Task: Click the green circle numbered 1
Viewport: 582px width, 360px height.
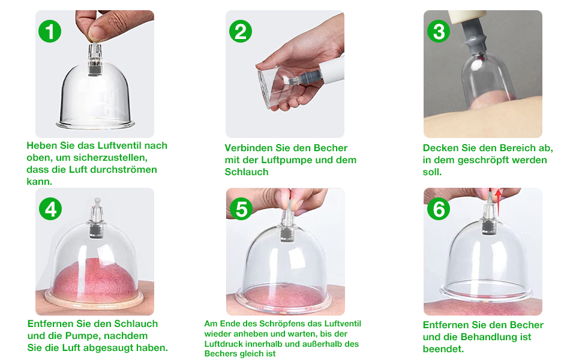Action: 50,31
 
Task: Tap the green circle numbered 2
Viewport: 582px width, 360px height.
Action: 241,31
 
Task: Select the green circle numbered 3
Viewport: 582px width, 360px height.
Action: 439,31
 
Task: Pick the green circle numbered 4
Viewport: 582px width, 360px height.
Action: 50,209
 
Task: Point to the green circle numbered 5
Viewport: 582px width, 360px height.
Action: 242,209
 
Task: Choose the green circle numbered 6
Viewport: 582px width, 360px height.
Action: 439,209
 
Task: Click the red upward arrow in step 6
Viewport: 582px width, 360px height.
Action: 497,201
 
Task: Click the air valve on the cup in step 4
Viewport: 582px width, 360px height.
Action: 95,225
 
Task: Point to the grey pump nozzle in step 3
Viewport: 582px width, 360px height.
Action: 474,39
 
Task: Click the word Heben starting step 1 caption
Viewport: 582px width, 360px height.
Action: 41,146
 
